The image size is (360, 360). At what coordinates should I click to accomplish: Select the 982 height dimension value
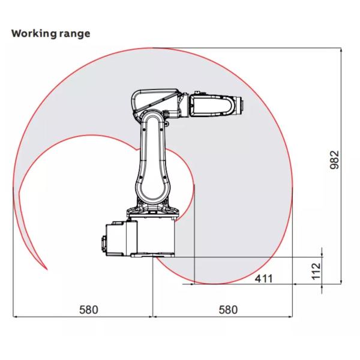click(334, 160)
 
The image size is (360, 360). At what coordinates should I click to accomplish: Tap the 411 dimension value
click(264, 278)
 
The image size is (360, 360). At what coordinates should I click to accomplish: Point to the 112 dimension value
click(316, 271)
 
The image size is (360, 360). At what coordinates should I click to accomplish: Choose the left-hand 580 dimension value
click(89, 310)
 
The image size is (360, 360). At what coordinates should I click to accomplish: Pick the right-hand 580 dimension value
click(228, 310)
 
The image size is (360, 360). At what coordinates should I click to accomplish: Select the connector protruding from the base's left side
click(104, 244)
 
